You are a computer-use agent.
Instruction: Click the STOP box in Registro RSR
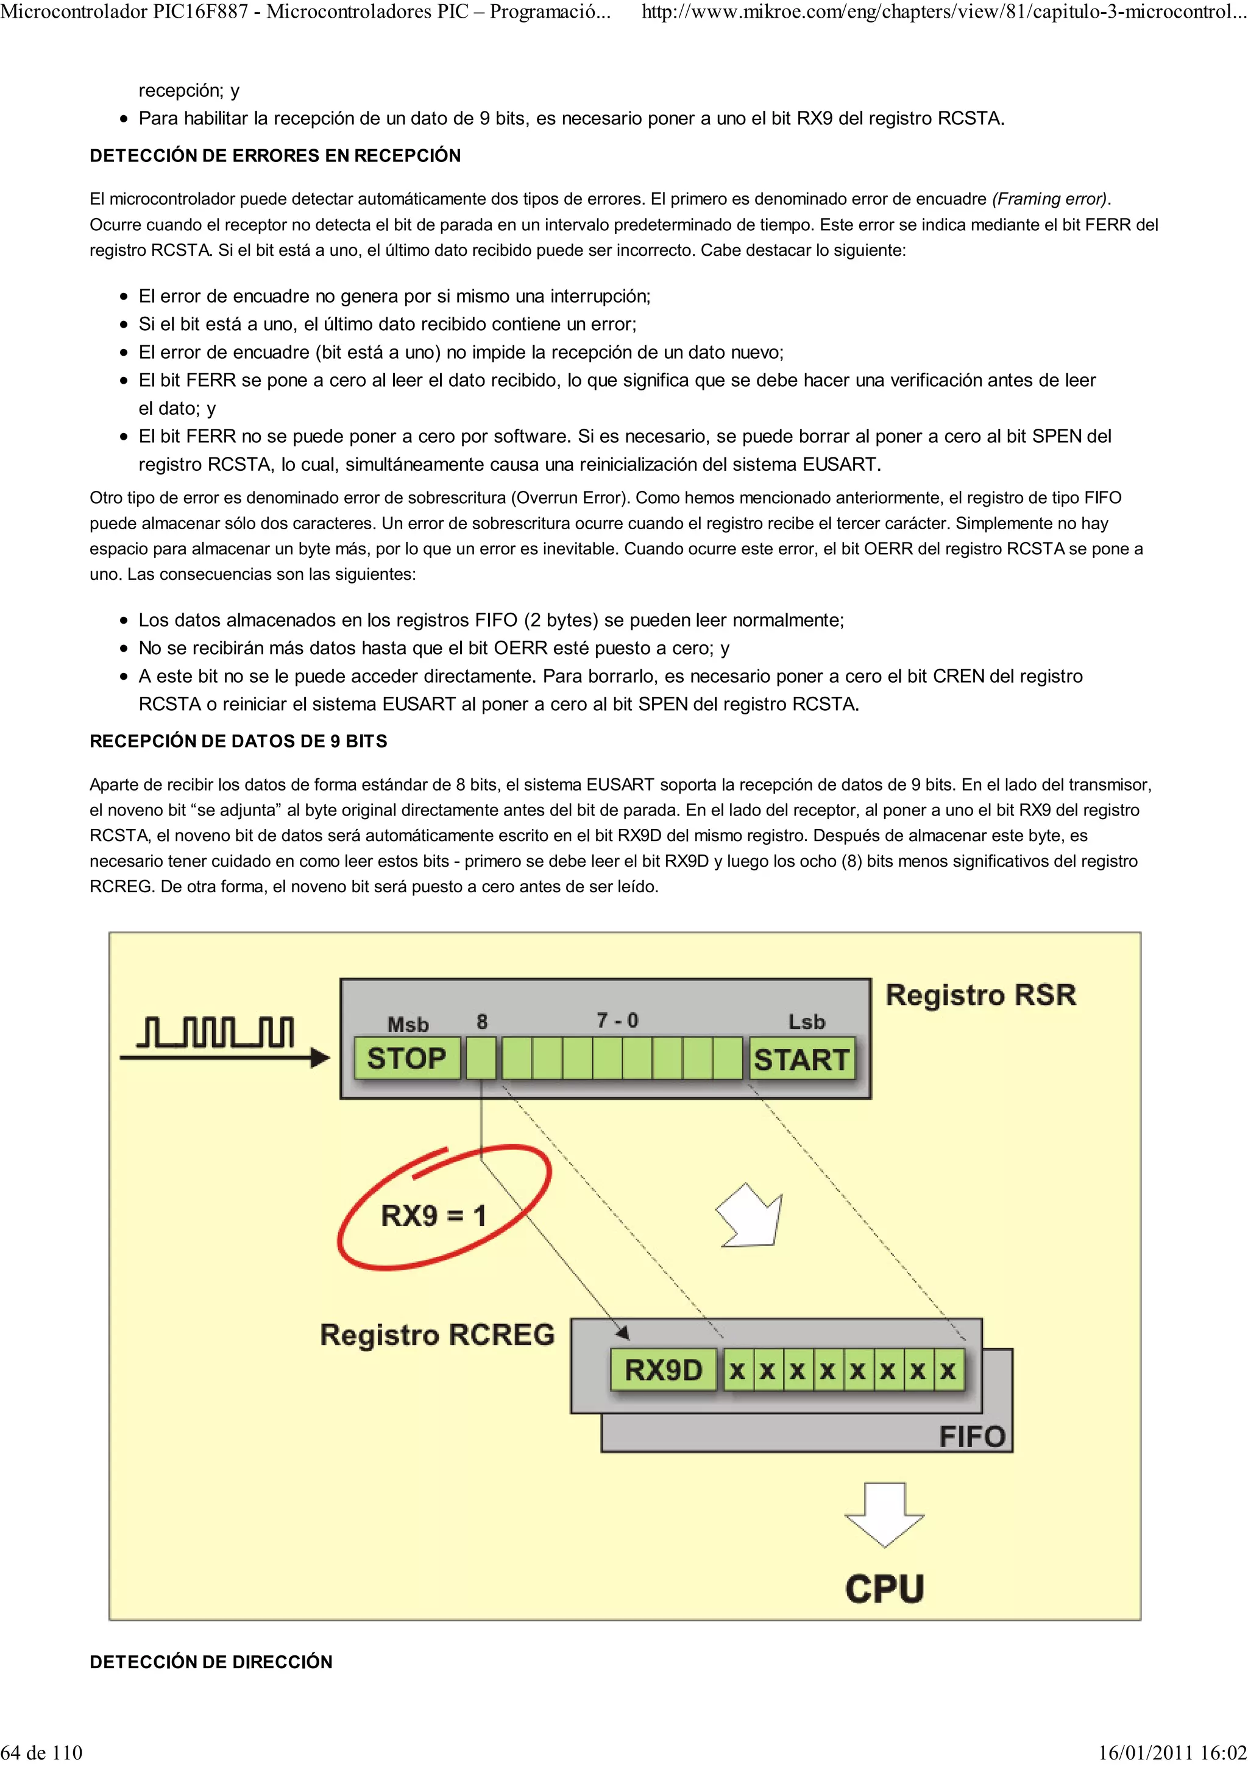click(407, 1059)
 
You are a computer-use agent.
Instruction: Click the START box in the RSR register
click(801, 1059)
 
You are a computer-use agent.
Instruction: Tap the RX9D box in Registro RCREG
click(663, 1370)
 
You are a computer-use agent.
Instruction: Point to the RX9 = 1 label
click(434, 1216)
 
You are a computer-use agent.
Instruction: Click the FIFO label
click(972, 1436)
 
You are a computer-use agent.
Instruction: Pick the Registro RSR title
click(980, 995)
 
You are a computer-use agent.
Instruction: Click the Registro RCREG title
click(437, 1334)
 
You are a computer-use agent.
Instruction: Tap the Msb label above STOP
click(408, 1024)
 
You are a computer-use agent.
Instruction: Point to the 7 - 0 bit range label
click(617, 1021)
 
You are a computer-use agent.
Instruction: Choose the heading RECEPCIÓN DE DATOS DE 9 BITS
click(238, 741)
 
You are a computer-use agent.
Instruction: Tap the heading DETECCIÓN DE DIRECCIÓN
click(211, 1662)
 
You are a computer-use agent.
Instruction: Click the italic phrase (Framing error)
click(1049, 199)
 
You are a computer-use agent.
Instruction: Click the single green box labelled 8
click(481, 1059)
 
